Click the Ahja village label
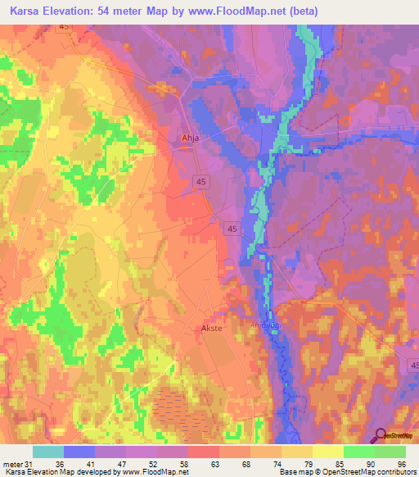190,139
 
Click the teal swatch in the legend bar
48,452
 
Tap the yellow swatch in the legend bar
328,452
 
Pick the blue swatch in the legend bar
79,452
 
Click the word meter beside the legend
12,463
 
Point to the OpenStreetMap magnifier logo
381,436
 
